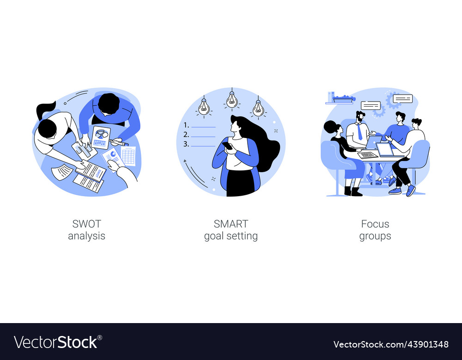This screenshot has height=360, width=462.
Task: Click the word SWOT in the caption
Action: coord(86,224)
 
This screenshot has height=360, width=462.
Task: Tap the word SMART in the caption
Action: coord(231,224)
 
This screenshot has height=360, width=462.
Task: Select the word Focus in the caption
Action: coord(375,224)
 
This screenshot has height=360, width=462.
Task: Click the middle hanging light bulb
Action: coord(232,100)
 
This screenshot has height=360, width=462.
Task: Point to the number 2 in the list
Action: coord(186,135)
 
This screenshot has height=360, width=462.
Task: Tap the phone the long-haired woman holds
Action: coord(227,145)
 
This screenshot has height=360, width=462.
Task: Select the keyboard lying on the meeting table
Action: coord(368,155)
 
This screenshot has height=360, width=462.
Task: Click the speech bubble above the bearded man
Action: coord(371,106)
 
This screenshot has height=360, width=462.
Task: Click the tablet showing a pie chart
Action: coord(101,137)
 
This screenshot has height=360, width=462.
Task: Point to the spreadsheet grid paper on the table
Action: coord(128,156)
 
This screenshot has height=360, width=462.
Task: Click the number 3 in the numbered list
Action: coord(186,144)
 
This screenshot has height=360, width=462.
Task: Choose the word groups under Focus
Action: coord(375,236)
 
